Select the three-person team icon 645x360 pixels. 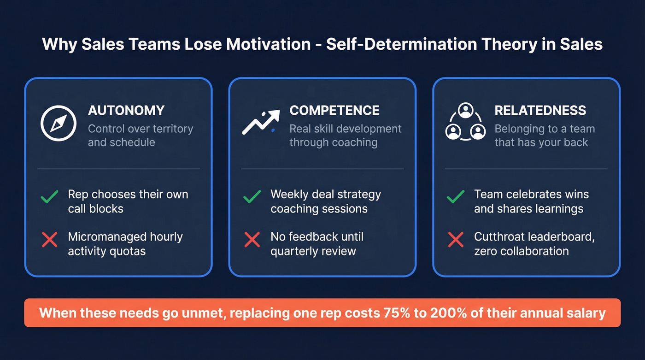[465, 122]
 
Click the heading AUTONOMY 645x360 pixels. [126, 111]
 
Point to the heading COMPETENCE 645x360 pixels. [334, 111]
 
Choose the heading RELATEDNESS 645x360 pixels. [540, 111]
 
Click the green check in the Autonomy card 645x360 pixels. [49, 197]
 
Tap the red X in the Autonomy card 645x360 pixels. [49, 239]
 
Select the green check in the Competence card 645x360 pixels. [252, 197]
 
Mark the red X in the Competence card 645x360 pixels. [252, 239]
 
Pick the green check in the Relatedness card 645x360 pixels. [456, 197]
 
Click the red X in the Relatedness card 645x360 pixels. [456, 239]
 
